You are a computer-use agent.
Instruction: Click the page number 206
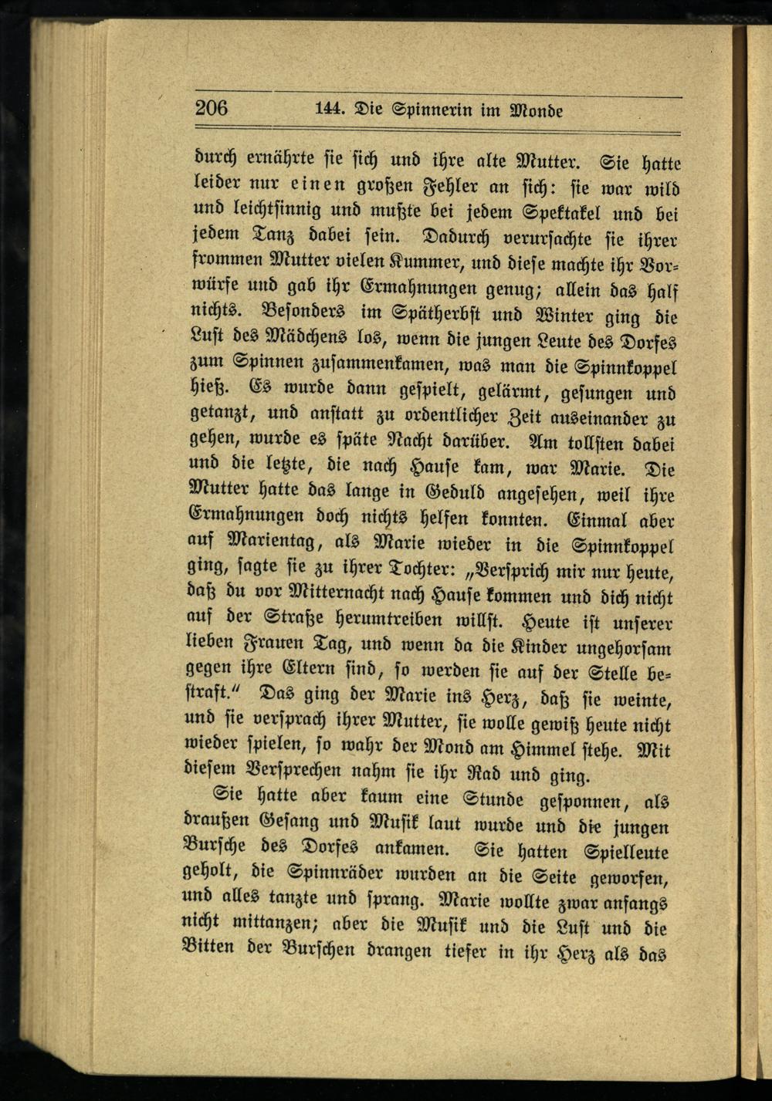pyautogui.click(x=212, y=107)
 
